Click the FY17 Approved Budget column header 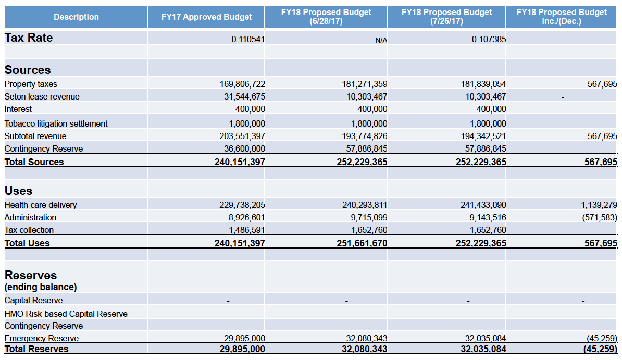pos(206,17)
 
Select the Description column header pos(76,17)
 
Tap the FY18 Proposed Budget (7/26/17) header pos(446,17)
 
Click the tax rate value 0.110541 pos(248,39)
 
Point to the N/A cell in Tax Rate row pos(381,40)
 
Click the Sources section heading pos(28,70)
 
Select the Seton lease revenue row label pos(42,96)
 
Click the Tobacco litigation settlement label pos(56,123)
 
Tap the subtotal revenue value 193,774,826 pos(365,136)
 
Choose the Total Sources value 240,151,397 pos(240,162)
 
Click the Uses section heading pos(18,191)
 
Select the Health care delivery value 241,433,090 pos(483,205)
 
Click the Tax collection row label pos(29,230)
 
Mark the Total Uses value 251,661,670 pos(362,243)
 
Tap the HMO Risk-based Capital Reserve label pos(66,314)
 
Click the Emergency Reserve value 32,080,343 pos(367,338)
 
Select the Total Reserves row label pos(36,349)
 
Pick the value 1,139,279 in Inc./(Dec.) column pos(599,205)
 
